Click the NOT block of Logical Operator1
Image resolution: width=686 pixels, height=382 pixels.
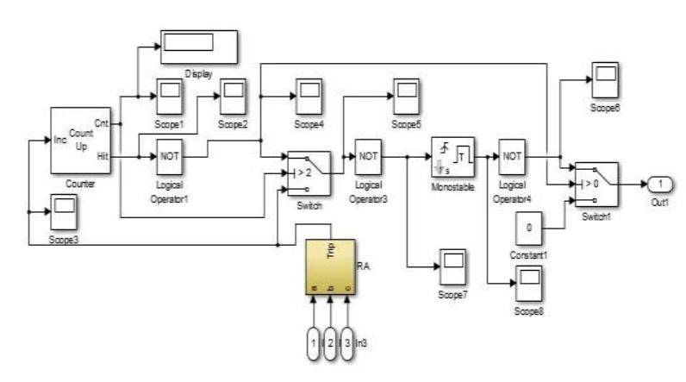click(x=169, y=157)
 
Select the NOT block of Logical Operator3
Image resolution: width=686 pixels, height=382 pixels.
click(x=369, y=157)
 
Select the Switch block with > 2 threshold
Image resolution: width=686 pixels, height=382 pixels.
click(x=304, y=173)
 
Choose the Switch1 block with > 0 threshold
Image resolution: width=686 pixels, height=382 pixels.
click(x=597, y=183)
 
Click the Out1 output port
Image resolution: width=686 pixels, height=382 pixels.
click(x=658, y=184)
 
